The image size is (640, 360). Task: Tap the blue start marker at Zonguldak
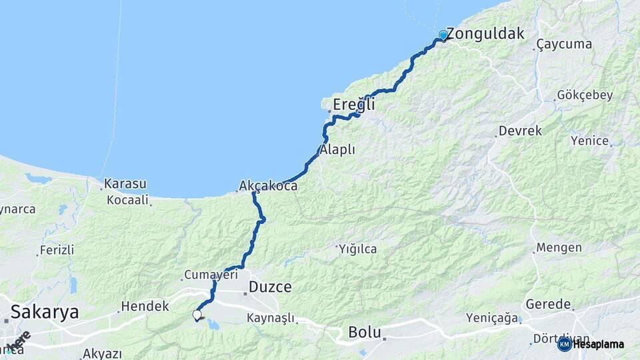pos(443,35)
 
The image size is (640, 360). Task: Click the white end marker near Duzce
pos(197,315)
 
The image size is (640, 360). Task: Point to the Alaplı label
pos(338,150)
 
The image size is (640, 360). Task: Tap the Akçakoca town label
pos(268,187)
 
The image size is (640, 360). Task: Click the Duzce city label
pos(270,287)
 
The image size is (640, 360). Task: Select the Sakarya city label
pos(45,311)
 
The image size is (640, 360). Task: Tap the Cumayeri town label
pos(211,275)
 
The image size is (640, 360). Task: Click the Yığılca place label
pos(358,249)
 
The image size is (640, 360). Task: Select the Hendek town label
pos(145,306)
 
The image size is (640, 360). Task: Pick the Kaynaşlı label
pos(271,319)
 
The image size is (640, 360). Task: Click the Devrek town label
pos(521,131)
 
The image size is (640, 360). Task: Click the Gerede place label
pos(549,304)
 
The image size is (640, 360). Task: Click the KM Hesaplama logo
pos(591,344)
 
